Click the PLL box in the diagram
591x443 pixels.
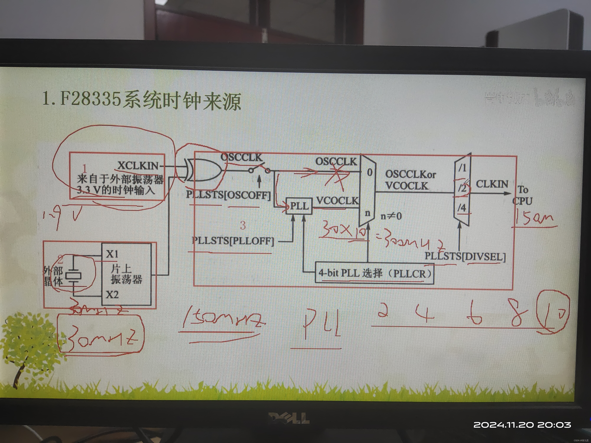[x=299, y=206]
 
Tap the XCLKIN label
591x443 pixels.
[x=138, y=166]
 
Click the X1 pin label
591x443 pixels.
[x=112, y=254]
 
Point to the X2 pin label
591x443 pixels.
[x=112, y=295]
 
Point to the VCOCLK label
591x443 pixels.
[x=337, y=201]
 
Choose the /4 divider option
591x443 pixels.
[x=462, y=207]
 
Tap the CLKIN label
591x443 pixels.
[x=492, y=184]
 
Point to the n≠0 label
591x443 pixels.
[x=391, y=216]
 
